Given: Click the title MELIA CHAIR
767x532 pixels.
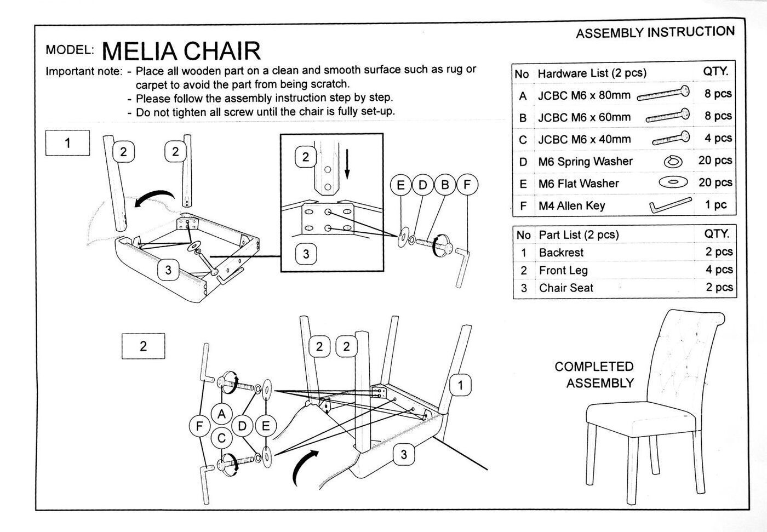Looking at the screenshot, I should click(x=181, y=51).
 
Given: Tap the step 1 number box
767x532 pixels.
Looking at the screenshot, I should click(x=67, y=144).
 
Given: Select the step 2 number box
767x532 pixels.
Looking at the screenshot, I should click(x=143, y=346).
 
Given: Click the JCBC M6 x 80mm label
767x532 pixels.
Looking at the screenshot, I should click(x=584, y=95).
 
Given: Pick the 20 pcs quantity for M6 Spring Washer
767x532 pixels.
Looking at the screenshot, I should click(x=715, y=161).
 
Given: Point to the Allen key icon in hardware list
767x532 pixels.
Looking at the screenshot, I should click(x=670, y=206).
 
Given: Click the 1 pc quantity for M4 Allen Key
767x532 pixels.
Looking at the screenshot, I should click(x=716, y=205).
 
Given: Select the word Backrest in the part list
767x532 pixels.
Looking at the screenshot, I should click(x=561, y=253).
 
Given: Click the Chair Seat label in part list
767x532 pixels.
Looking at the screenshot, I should click(x=566, y=288).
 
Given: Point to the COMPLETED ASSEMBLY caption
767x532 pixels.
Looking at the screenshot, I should click(x=594, y=375).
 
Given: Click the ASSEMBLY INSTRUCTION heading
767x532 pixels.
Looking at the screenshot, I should click(x=655, y=32).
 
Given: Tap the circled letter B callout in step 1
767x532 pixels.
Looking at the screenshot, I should click(x=445, y=185).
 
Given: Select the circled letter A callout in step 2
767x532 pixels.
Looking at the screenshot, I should click(x=222, y=414).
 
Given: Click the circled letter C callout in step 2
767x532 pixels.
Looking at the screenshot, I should click(x=222, y=438).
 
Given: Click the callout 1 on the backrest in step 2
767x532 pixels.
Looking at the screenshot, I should click(x=460, y=385).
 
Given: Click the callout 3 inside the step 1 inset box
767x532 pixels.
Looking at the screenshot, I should click(x=306, y=254).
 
